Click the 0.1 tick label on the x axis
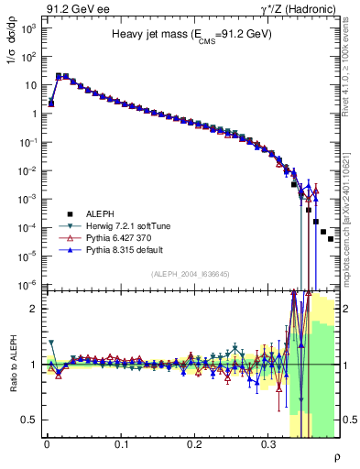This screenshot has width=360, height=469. (121, 443)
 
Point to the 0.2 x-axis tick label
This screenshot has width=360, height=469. (195, 443)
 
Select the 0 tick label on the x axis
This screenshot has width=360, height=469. (47, 443)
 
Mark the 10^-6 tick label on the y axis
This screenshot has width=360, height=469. (27, 285)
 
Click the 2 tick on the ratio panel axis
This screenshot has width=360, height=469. (31, 309)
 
